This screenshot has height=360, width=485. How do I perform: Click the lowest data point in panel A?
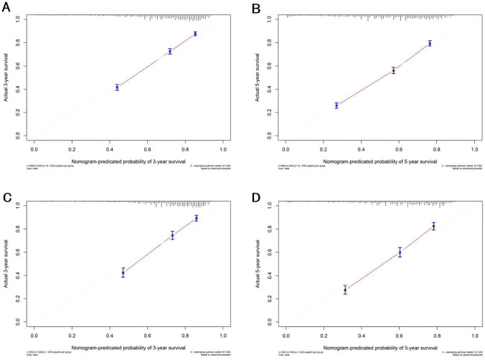(117, 87)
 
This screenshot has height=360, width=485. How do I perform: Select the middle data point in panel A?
(170, 52)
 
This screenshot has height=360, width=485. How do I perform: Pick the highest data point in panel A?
(195, 34)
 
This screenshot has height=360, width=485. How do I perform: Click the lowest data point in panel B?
(336, 105)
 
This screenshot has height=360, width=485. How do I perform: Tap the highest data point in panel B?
(430, 43)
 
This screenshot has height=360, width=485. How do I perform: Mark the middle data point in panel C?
(172, 235)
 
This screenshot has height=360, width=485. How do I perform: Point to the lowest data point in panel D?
(345, 290)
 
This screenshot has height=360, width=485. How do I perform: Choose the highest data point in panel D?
(433, 227)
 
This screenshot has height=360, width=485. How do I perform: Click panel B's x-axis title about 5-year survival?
(379, 160)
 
